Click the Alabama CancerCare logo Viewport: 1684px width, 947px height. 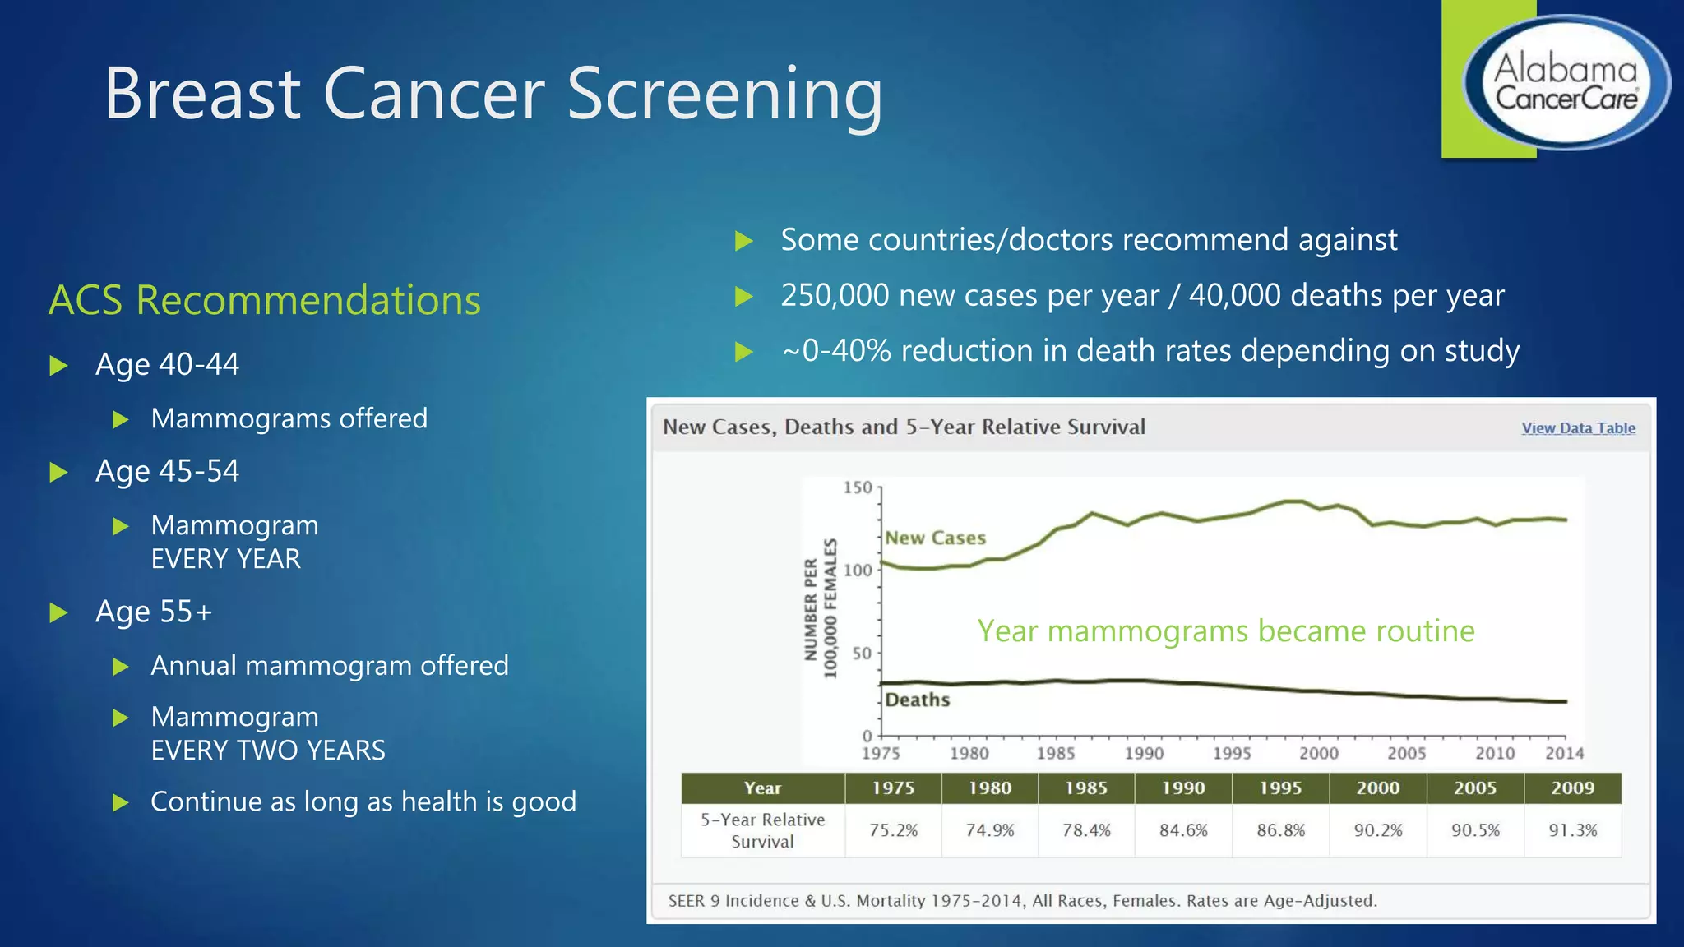pyautogui.click(x=1566, y=83)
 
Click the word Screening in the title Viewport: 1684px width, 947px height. pyautogui.click(x=724, y=95)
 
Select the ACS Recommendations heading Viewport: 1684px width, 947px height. pyautogui.click(x=265, y=300)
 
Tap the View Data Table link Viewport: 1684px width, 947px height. pyautogui.click(x=1578, y=428)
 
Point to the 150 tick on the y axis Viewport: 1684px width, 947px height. pyautogui.click(x=857, y=487)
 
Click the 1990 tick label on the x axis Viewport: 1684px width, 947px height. pyautogui.click(x=1144, y=753)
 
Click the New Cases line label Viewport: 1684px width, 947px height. pyautogui.click(x=935, y=538)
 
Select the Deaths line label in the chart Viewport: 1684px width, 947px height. pyautogui.click(x=918, y=700)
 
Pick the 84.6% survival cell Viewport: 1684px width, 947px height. pyautogui.click(x=1183, y=830)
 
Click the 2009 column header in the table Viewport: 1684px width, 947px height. pyautogui.click(x=1572, y=788)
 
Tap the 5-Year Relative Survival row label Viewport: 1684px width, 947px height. pyautogui.click(x=762, y=830)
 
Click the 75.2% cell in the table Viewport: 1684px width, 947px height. pyautogui.click(x=893, y=830)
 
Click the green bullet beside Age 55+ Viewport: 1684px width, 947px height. pyautogui.click(x=58, y=612)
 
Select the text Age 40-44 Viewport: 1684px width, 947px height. pyautogui.click(x=167, y=364)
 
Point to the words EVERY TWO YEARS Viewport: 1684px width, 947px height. pyautogui.click(x=268, y=751)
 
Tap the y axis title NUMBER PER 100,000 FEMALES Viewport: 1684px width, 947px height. pyautogui.click(x=821, y=608)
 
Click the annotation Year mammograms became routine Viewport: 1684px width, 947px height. pyautogui.click(x=1225, y=631)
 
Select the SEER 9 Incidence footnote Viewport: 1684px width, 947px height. pyautogui.click(x=1022, y=901)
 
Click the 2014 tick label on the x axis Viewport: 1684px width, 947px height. pyautogui.click(x=1563, y=753)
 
